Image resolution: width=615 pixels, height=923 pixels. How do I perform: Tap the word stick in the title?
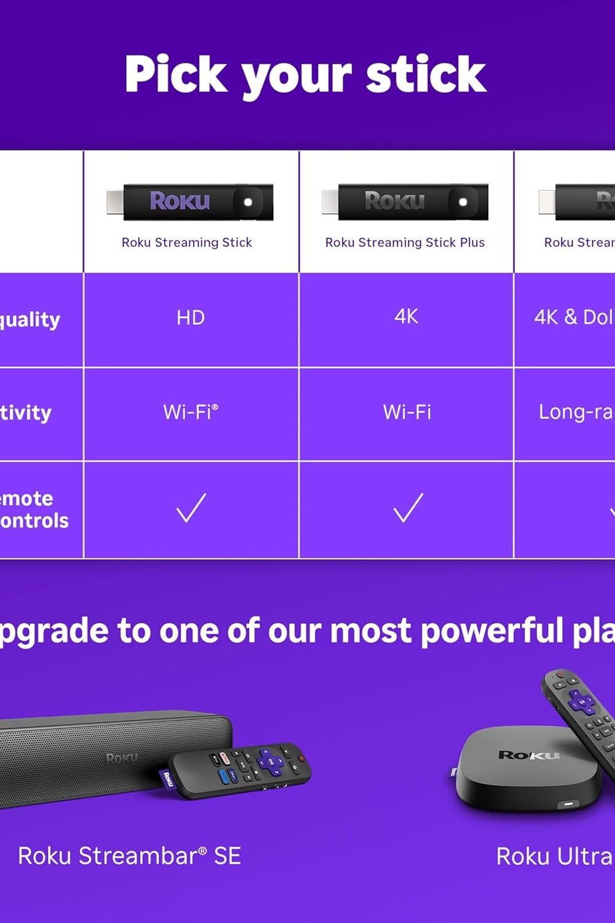point(426,74)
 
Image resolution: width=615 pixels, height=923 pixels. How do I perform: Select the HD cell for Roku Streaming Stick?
point(191,318)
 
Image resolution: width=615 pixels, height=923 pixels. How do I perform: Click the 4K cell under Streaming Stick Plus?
point(407,316)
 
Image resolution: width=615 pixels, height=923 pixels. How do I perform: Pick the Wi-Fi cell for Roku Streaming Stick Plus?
point(407,412)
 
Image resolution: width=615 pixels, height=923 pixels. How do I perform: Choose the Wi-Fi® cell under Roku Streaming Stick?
point(191,412)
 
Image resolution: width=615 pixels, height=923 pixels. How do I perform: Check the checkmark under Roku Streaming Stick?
point(191,508)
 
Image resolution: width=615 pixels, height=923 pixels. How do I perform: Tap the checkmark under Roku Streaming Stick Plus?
point(408,508)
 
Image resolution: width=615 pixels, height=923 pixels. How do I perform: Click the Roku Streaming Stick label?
point(187,242)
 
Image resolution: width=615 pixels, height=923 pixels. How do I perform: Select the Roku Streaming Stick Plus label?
point(405,242)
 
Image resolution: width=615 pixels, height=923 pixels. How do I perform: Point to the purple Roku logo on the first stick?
point(180,201)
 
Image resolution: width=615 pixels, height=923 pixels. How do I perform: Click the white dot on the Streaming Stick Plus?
point(462,202)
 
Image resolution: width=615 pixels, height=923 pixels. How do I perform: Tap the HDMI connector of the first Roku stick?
point(114,202)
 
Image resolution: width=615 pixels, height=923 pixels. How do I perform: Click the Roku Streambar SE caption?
point(129,856)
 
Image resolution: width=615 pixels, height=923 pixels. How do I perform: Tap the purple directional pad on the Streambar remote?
point(269,761)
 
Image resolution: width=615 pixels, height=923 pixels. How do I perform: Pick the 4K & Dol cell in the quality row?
point(573,317)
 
